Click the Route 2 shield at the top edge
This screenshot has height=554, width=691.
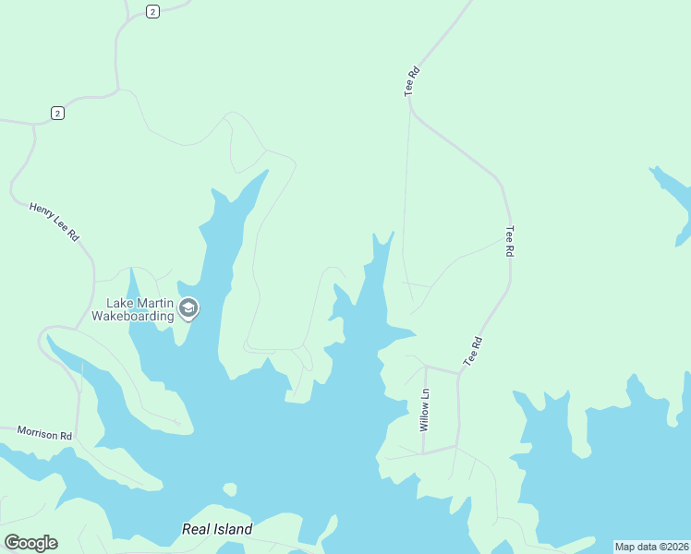click(x=152, y=11)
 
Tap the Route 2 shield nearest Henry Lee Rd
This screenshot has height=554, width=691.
click(x=57, y=113)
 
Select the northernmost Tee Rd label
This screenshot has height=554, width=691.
click(x=412, y=81)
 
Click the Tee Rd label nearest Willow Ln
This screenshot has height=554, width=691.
click(x=474, y=352)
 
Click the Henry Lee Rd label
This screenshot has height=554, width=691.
click(x=54, y=223)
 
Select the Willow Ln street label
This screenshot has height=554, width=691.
click(x=425, y=410)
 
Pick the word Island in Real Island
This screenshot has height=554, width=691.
click(x=233, y=529)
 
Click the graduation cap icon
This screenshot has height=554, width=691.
click(x=188, y=308)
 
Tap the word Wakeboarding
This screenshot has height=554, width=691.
click(x=133, y=316)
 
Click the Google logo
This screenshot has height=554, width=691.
click(x=30, y=543)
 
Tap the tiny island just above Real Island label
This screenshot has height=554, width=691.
click(x=229, y=489)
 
